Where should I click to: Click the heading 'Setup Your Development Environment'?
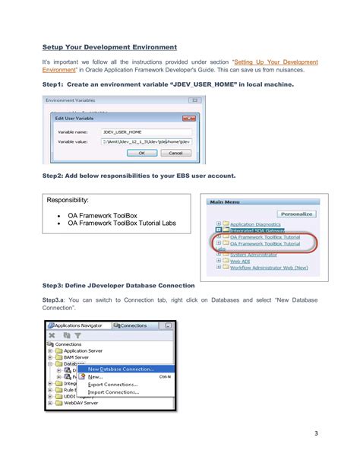pyautogui.click(x=110, y=46)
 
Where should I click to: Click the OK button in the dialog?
pyautogui.click(x=141, y=152)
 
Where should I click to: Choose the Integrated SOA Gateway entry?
pyautogui.click(x=257, y=231)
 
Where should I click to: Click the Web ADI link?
pyautogui.click(x=242, y=261)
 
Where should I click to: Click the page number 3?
pyautogui.click(x=314, y=435)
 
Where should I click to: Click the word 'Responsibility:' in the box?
pyautogui.click(x=68, y=201)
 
